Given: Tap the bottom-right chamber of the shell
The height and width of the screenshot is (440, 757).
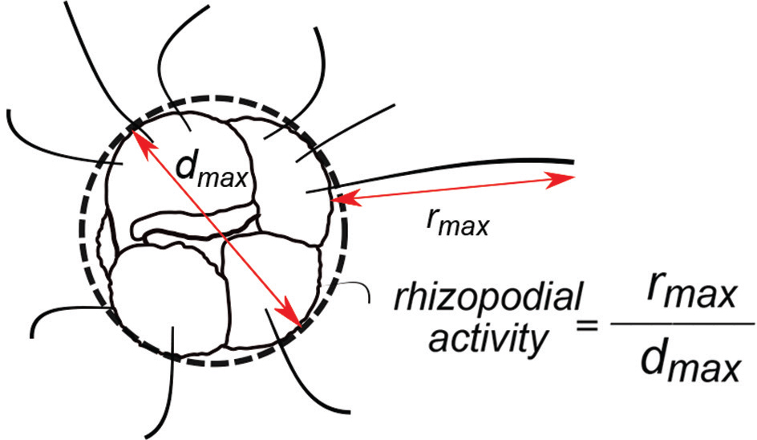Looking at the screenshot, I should (x=273, y=289).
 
